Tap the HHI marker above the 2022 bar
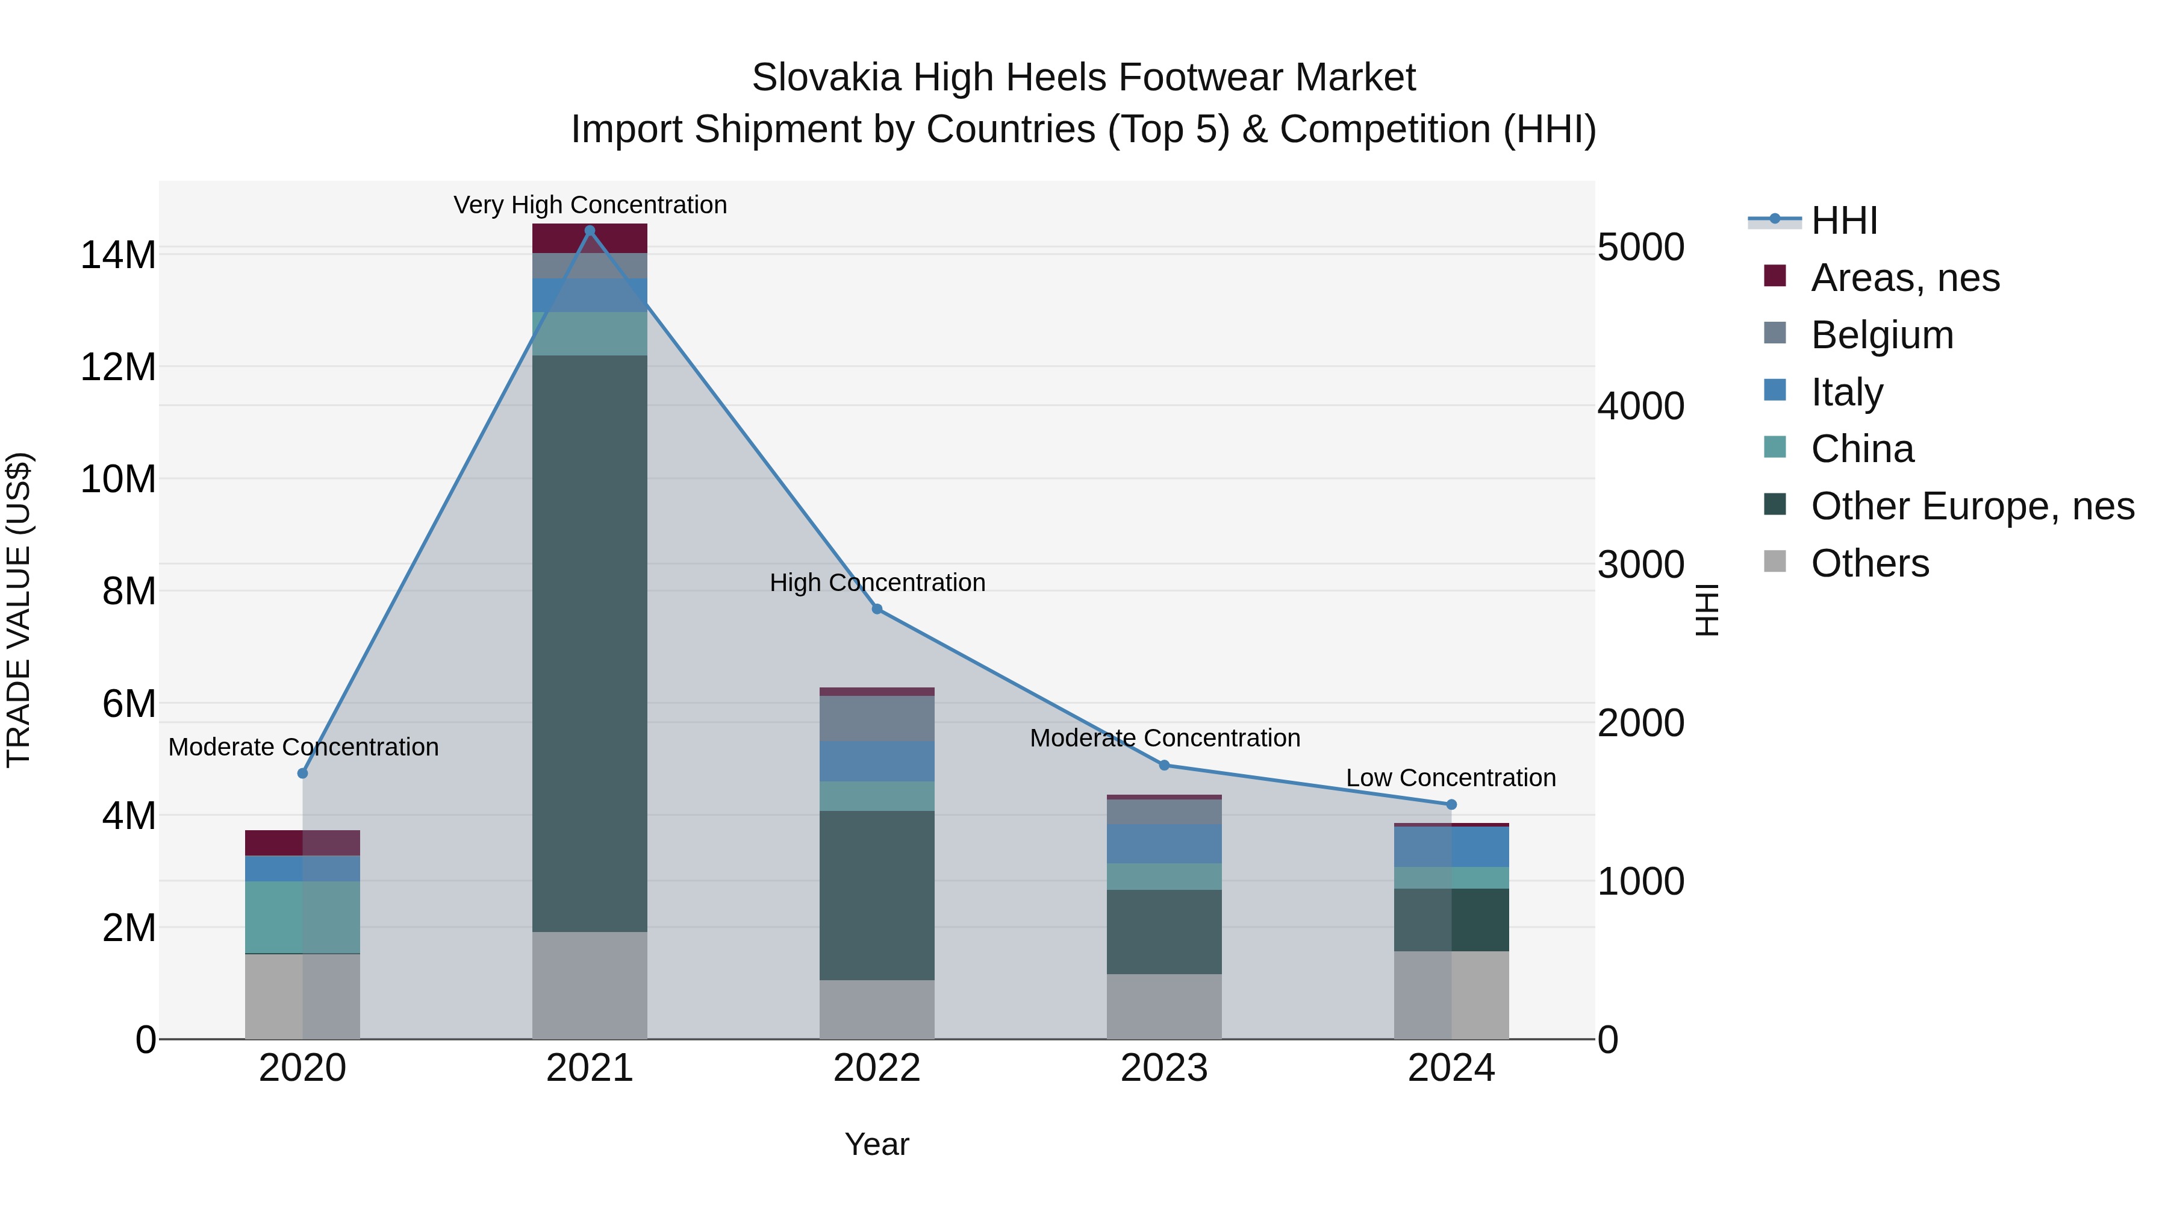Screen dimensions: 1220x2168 coord(877,608)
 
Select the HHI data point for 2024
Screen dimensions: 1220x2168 coord(1451,805)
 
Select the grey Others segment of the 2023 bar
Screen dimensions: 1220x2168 coord(1164,1006)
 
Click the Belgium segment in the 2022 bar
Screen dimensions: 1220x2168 coord(877,718)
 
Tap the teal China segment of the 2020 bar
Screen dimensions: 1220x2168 coord(302,917)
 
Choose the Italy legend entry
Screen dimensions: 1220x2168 coord(1846,392)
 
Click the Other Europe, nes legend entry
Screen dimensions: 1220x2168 coord(1972,506)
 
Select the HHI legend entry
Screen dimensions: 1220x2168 coord(1843,221)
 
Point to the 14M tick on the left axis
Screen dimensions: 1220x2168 coord(118,254)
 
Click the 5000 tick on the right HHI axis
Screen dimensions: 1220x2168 coord(1640,248)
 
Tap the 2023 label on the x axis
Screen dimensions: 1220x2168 coord(1164,1068)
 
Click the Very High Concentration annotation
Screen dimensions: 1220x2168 coord(590,205)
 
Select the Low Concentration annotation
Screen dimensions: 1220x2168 coord(1451,777)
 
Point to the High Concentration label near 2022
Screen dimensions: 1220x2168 coord(877,582)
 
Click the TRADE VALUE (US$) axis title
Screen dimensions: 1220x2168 coord(19,610)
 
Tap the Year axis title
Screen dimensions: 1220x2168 coord(877,1144)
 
